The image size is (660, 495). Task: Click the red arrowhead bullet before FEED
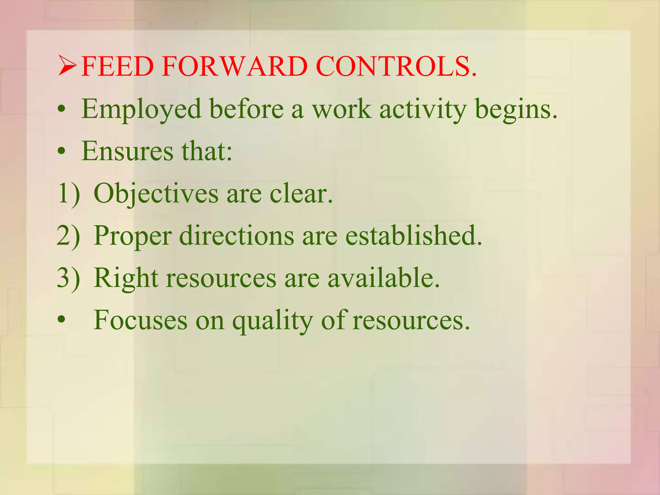(67, 66)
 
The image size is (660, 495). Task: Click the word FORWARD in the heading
(235, 66)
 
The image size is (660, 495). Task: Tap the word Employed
(141, 110)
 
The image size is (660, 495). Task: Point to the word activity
(423, 110)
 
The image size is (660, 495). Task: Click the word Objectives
(156, 194)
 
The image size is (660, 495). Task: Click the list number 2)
(68, 236)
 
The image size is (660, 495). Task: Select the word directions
(236, 236)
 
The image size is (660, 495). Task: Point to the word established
(413, 236)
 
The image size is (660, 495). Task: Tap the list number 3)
(68, 278)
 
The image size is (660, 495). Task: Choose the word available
(383, 278)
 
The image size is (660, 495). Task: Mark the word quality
(273, 321)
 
